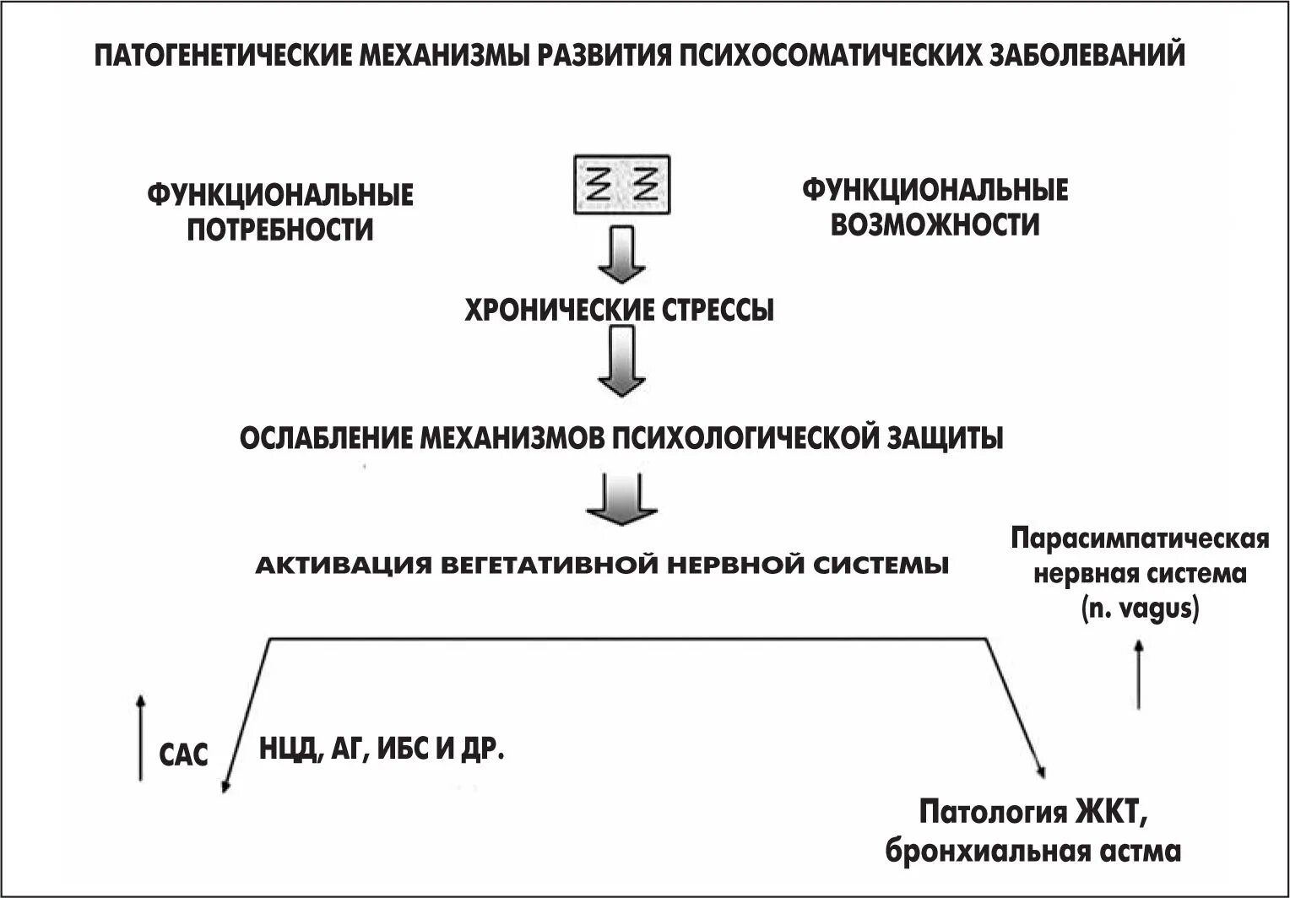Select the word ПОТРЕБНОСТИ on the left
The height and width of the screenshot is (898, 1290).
(279, 229)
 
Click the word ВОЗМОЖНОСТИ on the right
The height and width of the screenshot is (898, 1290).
(935, 224)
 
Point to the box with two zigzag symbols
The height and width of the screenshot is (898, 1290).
(621, 182)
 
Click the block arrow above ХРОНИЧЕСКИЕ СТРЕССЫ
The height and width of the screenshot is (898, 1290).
(621, 252)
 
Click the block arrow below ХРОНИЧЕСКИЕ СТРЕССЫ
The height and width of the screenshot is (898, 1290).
(621, 362)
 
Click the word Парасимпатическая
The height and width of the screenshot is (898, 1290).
(1140, 540)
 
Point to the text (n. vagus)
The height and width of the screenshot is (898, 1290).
(1140, 609)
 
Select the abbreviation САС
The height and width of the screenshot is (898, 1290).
(183, 755)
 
